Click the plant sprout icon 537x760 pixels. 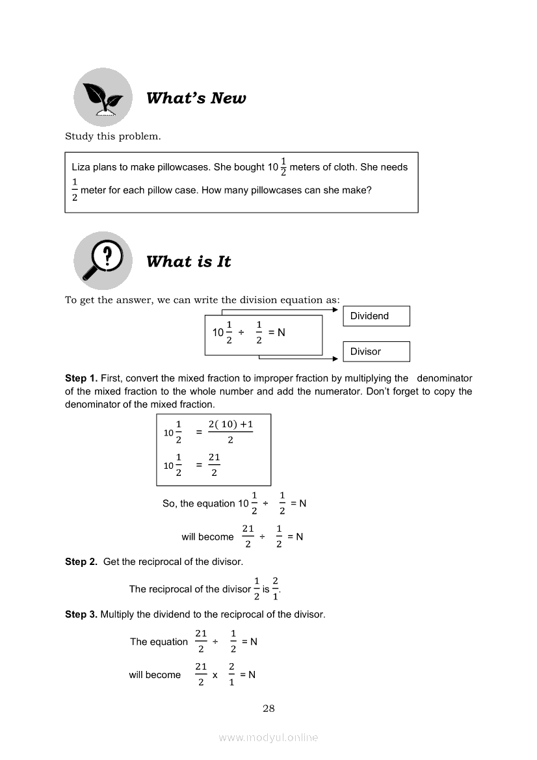pos(103,97)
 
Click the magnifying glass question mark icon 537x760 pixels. pos(103,260)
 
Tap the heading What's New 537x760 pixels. pos(196,98)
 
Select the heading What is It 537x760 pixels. pos(189,261)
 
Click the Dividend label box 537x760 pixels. pos(376,316)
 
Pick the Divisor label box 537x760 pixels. pos(376,352)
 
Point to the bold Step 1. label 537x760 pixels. pos(81,378)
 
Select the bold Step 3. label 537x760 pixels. pos(81,614)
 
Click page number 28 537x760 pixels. pos(268,709)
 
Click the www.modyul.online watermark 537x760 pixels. pos(268,738)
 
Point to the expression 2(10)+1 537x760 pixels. pos(230,425)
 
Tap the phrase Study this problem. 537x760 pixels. pos(112,137)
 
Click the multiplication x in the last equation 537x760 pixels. pos(215,675)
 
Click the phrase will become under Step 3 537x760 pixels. pos(155,675)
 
